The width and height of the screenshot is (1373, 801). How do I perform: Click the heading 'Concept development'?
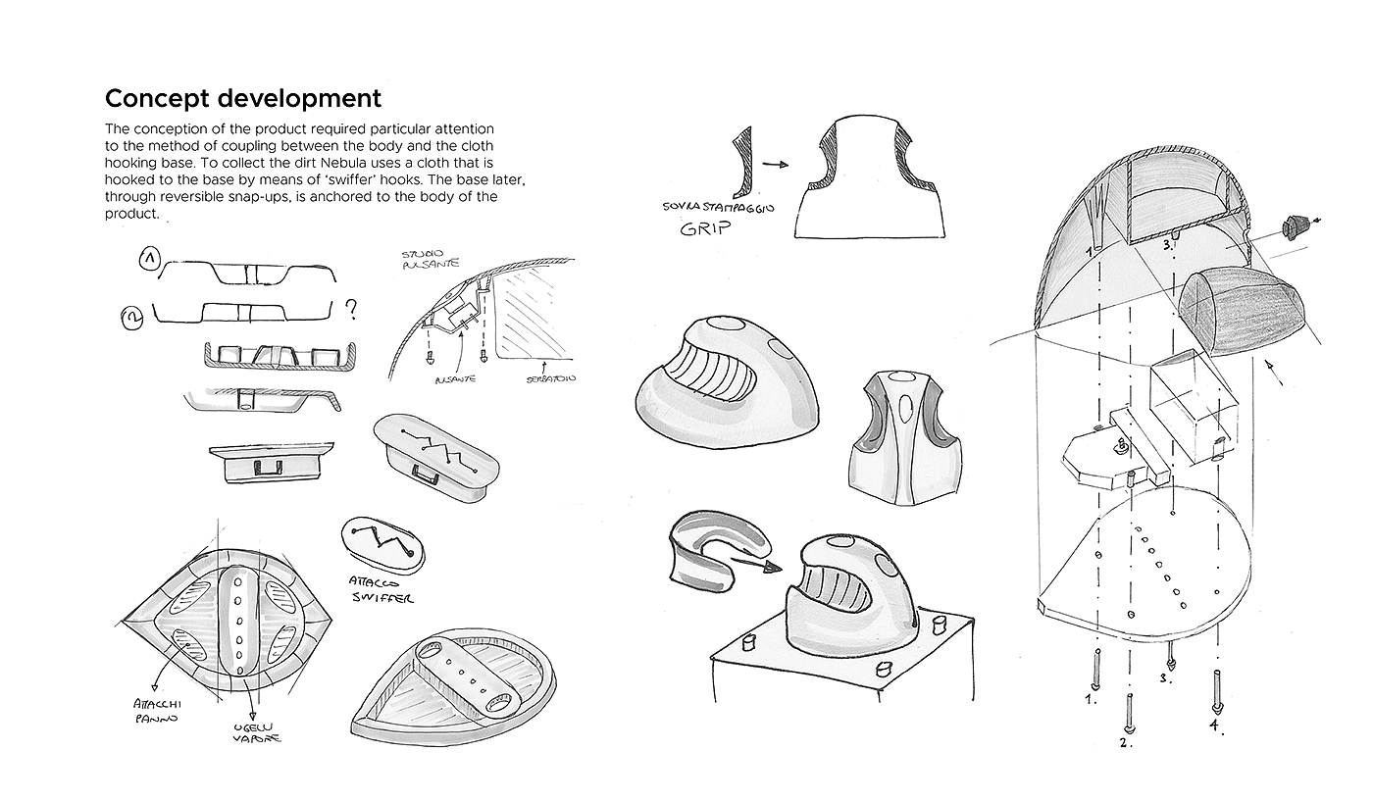click(x=242, y=99)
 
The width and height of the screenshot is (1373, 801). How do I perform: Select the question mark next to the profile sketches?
click(x=350, y=311)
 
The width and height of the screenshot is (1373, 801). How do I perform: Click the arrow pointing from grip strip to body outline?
click(x=774, y=166)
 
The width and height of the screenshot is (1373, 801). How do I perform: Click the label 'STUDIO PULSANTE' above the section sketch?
click(x=416, y=262)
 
